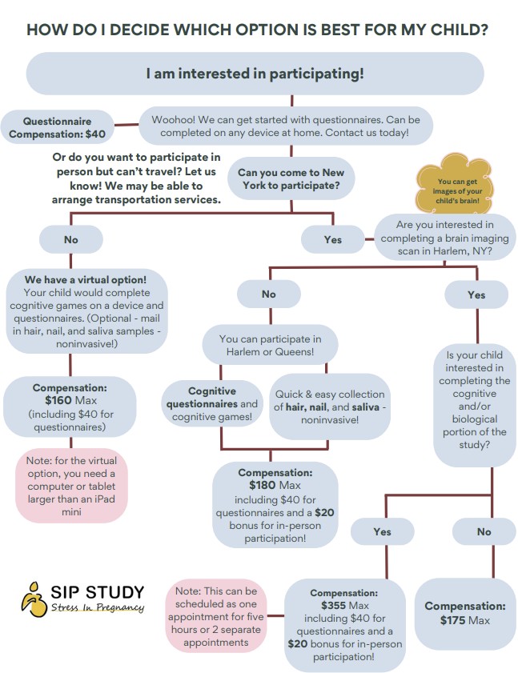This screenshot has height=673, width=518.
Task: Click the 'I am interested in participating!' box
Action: pos(255,74)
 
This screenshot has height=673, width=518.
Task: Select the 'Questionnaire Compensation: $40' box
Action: pos(57,127)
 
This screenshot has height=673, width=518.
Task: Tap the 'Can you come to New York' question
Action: pos(291,178)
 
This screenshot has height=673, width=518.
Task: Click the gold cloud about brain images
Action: pos(456,185)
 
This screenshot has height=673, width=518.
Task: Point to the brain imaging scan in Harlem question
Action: pos(444,238)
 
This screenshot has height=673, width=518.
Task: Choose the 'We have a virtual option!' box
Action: pos(86,311)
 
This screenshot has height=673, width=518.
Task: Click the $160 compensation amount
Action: pos(58,400)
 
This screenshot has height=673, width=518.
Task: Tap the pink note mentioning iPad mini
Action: pos(71,486)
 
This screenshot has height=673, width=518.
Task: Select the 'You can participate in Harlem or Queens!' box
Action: pos(270,345)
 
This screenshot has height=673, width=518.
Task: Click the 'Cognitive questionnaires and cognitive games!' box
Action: pos(212,403)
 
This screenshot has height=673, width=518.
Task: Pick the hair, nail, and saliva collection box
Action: pos(329,407)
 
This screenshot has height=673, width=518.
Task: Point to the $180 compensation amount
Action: pos(262,485)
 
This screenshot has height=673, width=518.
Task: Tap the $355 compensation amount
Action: pos(333,605)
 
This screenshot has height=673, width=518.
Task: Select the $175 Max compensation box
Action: pos(464,614)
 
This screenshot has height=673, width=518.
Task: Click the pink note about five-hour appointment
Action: pos(215,616)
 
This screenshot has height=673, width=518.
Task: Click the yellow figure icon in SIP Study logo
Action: pos(34,599)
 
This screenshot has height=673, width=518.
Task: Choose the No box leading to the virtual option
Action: pos(71,239)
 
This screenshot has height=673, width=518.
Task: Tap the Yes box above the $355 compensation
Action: pos(382,532)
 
